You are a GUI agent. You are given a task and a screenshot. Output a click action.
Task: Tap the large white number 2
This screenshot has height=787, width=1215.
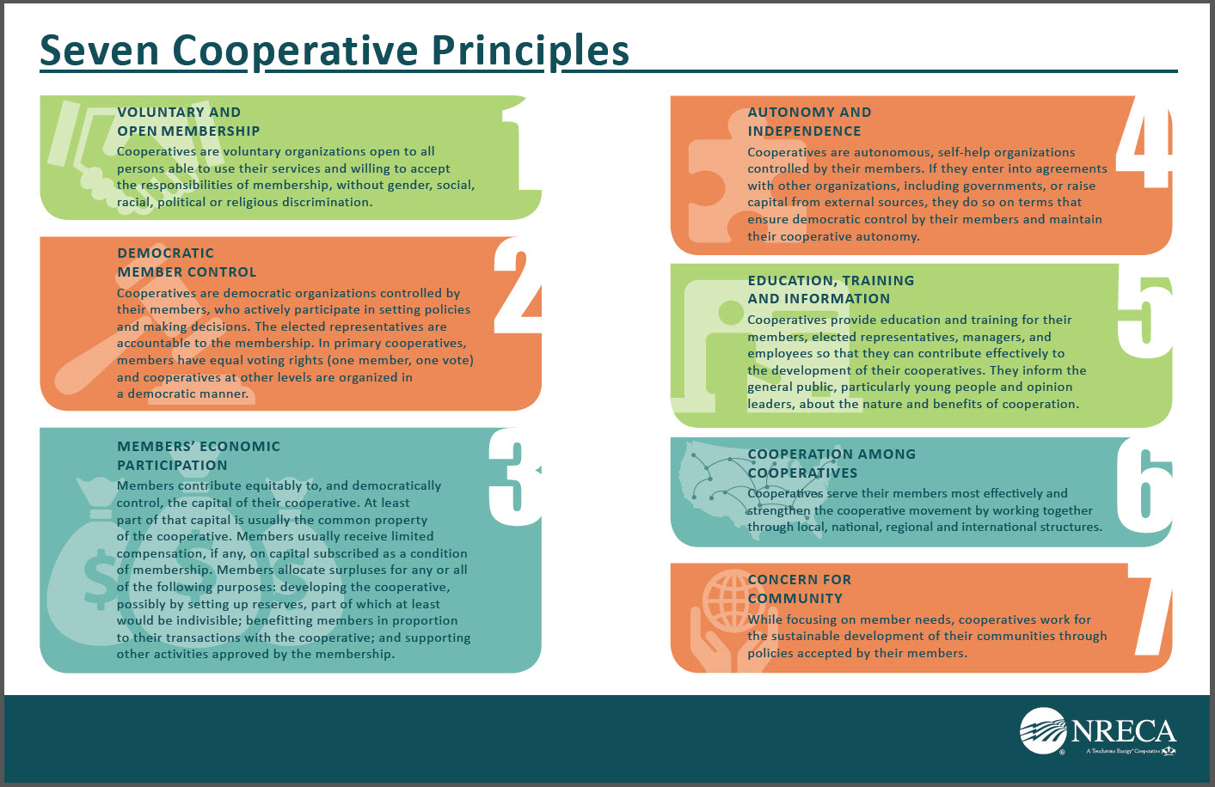click(x=518, y=287)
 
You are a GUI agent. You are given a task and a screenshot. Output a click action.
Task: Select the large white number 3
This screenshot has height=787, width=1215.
click(x=516, y=477)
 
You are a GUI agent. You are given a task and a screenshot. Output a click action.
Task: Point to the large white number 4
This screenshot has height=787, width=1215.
click(x=1144, y=143)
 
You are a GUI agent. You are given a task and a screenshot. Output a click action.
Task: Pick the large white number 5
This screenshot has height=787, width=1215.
click(x=1145, y=317)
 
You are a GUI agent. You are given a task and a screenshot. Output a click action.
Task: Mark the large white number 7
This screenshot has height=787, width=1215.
click(x=1151, y=615)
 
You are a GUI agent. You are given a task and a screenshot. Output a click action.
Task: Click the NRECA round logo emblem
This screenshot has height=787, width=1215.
click(x=1043, y=731)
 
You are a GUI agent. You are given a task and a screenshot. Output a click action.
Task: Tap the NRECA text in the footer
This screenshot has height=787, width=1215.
click(x=1123, y=732)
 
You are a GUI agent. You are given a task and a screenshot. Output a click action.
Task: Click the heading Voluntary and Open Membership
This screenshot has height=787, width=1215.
click(x=188, y=122)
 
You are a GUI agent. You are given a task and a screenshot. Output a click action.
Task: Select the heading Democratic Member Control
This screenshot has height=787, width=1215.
click(x=187, y=263)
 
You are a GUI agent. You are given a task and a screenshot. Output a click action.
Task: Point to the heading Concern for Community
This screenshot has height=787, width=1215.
click(x=799, y=589)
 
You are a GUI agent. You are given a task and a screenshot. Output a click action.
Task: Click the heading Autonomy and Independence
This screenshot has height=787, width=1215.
click(x=808, y=122)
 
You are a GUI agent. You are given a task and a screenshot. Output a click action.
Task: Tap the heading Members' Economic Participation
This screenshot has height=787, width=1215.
click(x=199, y=456)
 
